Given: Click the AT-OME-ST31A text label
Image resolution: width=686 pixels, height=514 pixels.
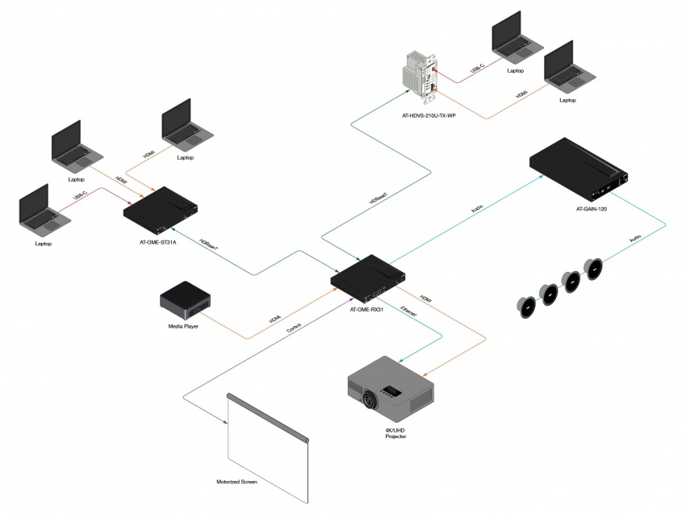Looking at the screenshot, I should pos(158,240).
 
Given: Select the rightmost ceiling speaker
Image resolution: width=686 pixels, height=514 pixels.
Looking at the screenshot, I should pos(594,269).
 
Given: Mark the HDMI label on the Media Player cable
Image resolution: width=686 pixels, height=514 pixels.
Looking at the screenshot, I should pos(274,320).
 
